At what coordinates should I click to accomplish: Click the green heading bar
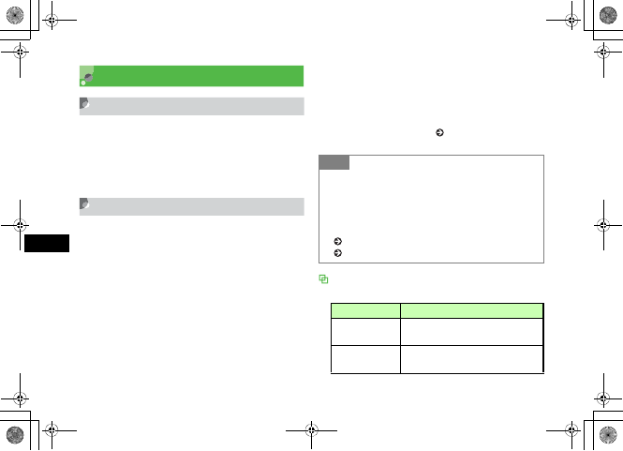[192, 75]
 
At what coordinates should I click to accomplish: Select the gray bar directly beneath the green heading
[192, 105]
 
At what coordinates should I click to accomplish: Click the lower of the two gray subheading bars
[192, 205]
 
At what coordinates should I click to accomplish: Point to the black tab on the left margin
[47, 244]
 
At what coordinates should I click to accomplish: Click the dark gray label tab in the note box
[334, 162]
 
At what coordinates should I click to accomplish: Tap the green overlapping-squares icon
[323, 278]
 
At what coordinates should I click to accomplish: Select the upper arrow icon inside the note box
[337, 242]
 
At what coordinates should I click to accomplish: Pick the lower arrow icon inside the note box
[337, 252]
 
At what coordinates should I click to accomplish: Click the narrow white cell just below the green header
[364, 330]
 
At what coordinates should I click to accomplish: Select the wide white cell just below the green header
[471, 330]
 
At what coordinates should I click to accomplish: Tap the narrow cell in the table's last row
[364, 359]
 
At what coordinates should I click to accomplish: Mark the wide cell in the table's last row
[471, 359]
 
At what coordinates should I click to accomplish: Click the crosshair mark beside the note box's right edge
[602, 225]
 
